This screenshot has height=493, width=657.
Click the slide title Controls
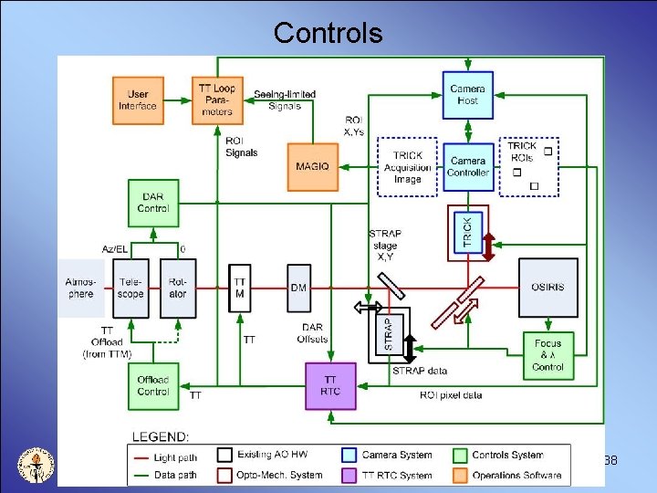point(328,33)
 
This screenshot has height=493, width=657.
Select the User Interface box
point(138,100)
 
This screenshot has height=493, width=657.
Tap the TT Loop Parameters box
point(217,100)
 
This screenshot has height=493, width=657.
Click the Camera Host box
point(467,94)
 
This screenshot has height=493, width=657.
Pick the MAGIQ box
point(312,165)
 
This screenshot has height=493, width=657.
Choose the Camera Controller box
point(468,166)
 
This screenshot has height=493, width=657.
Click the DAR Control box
point(153,203)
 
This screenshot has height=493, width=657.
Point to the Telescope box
point(131,288)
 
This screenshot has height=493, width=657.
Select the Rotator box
point(178,288)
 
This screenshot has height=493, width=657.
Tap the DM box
point(299,288)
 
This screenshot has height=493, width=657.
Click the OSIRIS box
point(547,288)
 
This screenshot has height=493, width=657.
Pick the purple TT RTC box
point(330,385)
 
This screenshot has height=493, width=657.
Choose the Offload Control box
point(153,385)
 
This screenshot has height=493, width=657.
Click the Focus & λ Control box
point(547,355)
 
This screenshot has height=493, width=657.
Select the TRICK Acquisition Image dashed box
point(408,167)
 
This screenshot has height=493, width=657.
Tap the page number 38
point(610,460)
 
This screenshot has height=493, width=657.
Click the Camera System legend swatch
point(349,455)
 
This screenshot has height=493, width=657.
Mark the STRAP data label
point(420,371)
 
